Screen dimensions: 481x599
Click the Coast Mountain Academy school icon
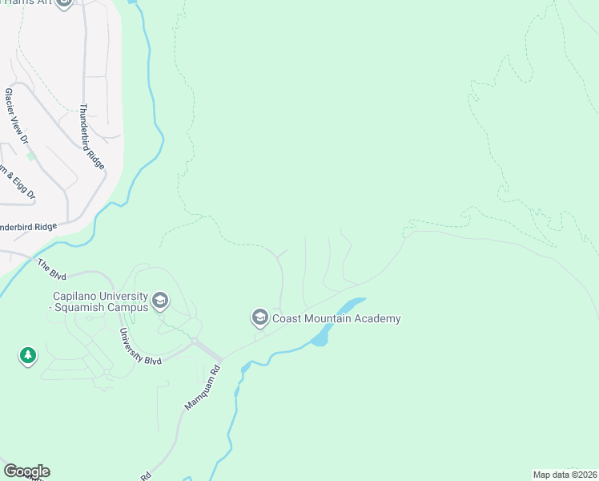pos(259,319)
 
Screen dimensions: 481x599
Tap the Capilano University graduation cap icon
pos(159,301)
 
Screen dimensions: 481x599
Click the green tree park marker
pos(28,355)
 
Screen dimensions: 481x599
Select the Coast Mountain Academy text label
pos(336,319)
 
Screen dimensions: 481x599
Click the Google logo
pos(26,471)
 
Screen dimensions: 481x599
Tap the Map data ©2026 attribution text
pos(565,475)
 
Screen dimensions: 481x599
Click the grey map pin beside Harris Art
pos(65,3)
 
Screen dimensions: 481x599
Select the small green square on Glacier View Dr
pos(31,156)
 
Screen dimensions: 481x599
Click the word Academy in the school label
pos(376,319)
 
